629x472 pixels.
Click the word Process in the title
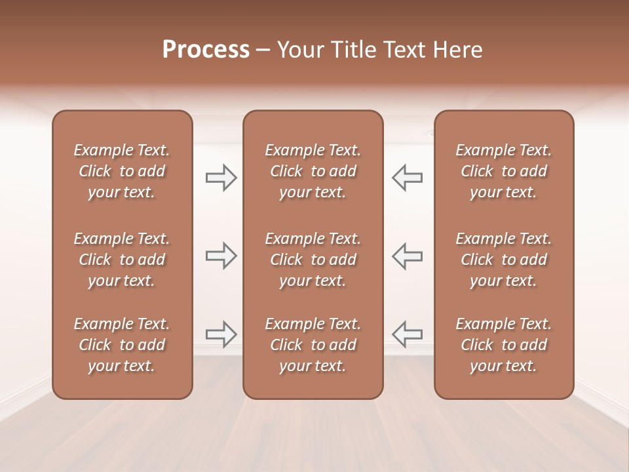[x=206, y=50]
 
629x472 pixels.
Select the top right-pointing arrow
[x=221, y=177]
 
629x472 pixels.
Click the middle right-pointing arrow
[x=221, y=256]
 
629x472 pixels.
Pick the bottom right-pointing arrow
[x=221, y=334]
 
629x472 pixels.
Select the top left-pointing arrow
[x=407, y=177]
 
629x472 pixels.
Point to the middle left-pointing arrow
[x=407, y=256]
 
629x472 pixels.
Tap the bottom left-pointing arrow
[x=407, y=334]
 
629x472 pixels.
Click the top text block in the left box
[x=122, y=171]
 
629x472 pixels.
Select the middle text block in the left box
[x=122, y=260]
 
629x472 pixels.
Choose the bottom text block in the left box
[x=122, y=345]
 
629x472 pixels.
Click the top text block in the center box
[x=313, y=171]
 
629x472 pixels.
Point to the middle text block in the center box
[x=313, y=260]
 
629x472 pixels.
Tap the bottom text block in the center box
[x=313, y=345]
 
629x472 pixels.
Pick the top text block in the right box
[x=504, y=171]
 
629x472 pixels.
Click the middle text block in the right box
[x=504, y=260]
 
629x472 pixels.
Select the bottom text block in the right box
[x=504, y=345]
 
